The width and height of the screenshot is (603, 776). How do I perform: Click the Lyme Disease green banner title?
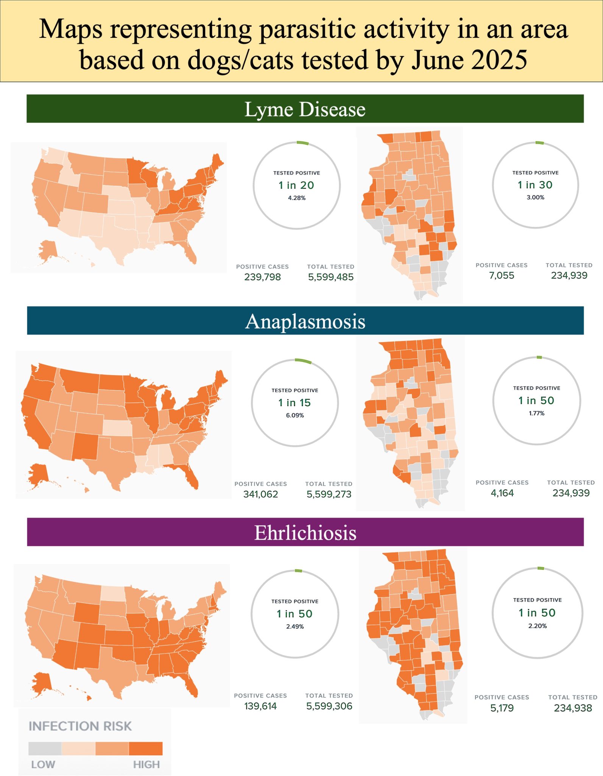[x=305, y=109]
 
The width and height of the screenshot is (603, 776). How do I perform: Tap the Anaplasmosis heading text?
[x=305, y=321]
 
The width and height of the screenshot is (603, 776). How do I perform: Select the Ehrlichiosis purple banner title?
[x=305, y=532]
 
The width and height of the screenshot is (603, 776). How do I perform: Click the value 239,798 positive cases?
[x=262, y=277]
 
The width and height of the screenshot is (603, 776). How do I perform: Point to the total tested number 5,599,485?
[x=330, y=277]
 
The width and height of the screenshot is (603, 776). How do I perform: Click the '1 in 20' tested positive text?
[x=296, y=185]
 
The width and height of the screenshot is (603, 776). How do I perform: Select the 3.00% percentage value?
[x=535, y=197]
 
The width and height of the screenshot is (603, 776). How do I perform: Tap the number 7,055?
[x=502, y=275]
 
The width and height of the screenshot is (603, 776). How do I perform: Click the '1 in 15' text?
[x=294, y=403]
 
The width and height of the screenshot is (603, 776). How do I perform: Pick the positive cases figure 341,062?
[x=260, y=494]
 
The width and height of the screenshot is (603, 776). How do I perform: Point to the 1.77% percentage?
[x=536, y=413]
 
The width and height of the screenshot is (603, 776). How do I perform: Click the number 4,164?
[x=502, y=493]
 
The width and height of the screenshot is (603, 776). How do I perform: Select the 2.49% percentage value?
[x=295, y=626]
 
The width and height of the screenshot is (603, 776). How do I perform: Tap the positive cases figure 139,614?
[x=260, y=706]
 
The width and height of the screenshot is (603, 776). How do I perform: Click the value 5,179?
[x=502, y=708]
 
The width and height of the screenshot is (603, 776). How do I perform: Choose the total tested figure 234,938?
[x=573, y=708]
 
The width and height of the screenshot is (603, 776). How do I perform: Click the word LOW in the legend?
[x=43, y=764]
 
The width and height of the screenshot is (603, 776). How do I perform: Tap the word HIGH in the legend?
[x=146, y=764]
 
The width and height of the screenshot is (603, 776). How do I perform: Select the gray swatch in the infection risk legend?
[x=45, y=748]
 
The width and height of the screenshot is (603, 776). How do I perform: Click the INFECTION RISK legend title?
[x=80, y=726]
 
